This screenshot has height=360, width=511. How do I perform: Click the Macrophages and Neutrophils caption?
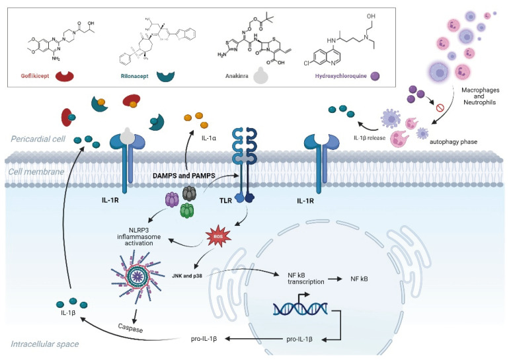[478, 94]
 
